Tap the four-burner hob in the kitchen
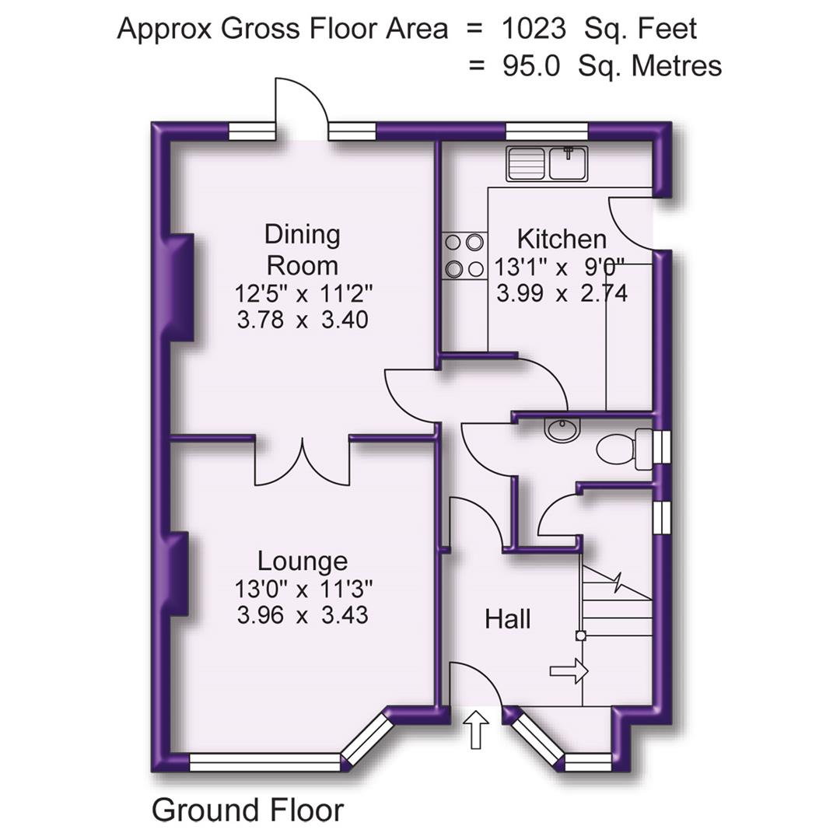464,256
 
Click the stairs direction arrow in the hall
569,670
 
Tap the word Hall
508,619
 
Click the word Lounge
303,561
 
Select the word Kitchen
562,238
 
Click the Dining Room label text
303,250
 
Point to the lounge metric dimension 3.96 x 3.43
303,615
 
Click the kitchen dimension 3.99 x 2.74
562,293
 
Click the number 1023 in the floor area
534,29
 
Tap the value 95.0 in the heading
530,65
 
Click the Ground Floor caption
247,810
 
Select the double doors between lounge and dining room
303,462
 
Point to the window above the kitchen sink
547,131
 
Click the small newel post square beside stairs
580,635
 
